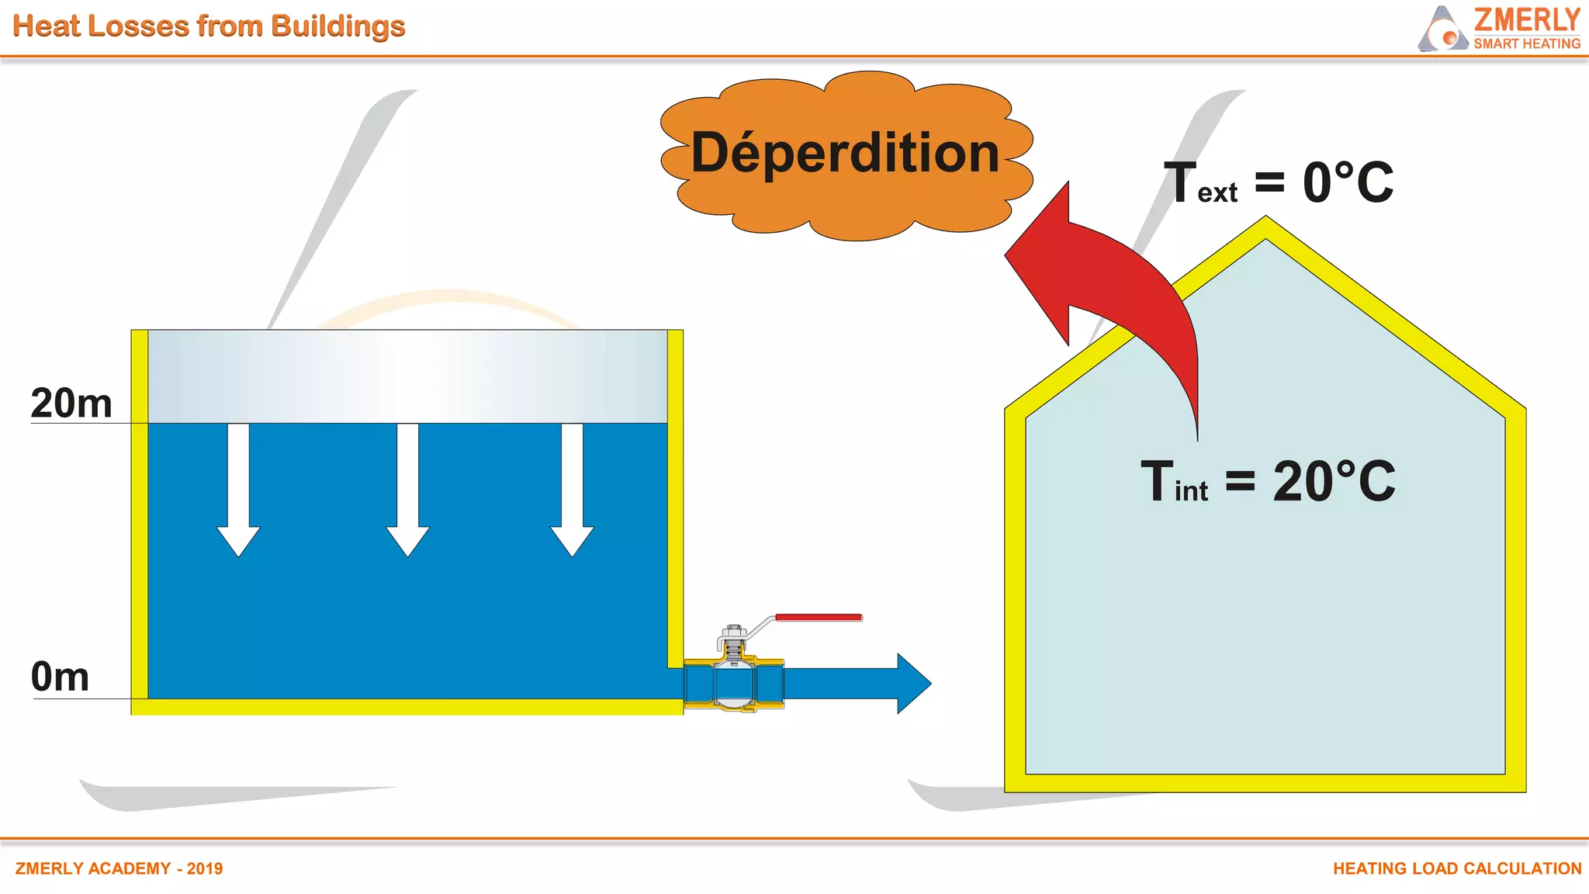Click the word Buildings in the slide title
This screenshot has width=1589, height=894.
[x=338, y=26]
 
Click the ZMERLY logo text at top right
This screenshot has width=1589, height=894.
[x=1526, y=19]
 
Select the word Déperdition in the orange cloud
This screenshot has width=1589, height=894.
[x=845, y=153]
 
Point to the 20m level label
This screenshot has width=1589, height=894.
[x=71, y=404]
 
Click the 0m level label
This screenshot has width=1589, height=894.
[x=60, y=677]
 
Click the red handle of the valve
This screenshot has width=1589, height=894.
[x=819, y=618]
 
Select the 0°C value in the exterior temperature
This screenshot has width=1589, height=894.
[x=1348, y=184]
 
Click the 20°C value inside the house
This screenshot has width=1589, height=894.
[x=1334, y=482]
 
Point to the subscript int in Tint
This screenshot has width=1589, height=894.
[x=1191, y=491]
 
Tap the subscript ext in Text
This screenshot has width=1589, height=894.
[x=1217, y=193]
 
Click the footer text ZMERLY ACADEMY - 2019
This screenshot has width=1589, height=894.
[x=119, y=868]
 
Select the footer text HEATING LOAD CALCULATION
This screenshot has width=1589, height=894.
[x=1456, y=868]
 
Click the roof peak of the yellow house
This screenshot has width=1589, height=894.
[x=1266, y=226]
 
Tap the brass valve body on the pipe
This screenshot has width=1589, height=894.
[x=734, y=683]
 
